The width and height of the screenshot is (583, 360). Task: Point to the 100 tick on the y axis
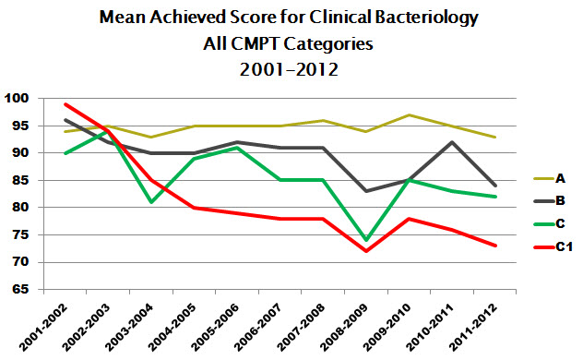[x=17, y=99]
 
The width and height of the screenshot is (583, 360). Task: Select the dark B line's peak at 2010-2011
[x=448, y=142]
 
